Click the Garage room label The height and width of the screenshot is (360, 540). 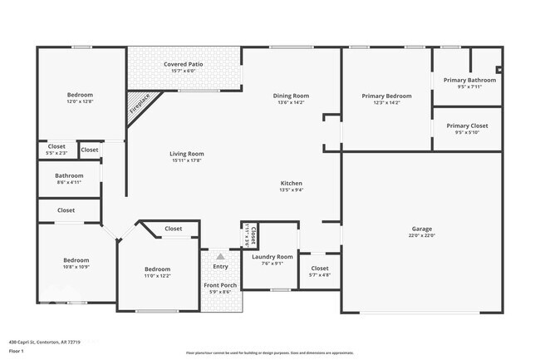pyautogui.click(x=422, y=229)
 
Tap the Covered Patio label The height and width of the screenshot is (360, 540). pyautogui.click(x=184, y=64)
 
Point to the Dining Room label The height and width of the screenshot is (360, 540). pyautogui.click(x=290, y=96)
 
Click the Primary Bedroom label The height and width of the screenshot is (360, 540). pyautogui.click(x=386, y=96)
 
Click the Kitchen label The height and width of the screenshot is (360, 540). pyautogui.click(x=291, y=183)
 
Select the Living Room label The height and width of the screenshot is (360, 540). pyautogui.click(x=187, y=154)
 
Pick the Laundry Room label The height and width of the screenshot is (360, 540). pyautogui.click(x=272, y=257)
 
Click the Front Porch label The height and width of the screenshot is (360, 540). pyautogui.click(x=220, y=285)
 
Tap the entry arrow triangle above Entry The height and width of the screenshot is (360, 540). pyautogui.click(x=220, y=257)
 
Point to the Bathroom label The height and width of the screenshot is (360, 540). pyautogui.click(x=69, y=175)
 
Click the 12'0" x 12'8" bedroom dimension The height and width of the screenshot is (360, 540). pyautogui.click(x=80, y=102)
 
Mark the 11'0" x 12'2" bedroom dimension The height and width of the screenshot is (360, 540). pyautogui.click(x=157, y=276)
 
